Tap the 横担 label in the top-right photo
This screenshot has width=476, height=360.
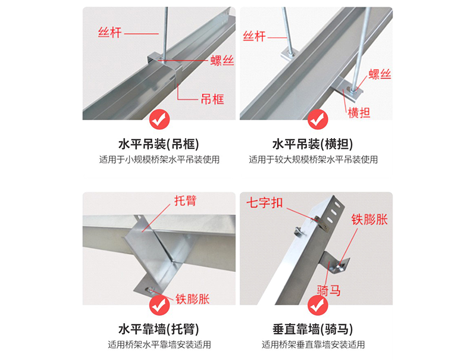pyautogui.click(x=359, y=112)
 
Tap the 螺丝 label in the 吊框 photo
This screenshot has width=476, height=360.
pyautogui.click(x=223, y=61)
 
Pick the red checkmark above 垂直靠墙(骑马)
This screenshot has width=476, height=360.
pyautogui.click(x=317, y=305)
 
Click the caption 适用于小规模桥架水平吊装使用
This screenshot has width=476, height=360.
pyautogui.click(x=159, y=159)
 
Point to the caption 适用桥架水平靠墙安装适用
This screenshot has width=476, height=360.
pyautogui.click(x=159, y=345)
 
